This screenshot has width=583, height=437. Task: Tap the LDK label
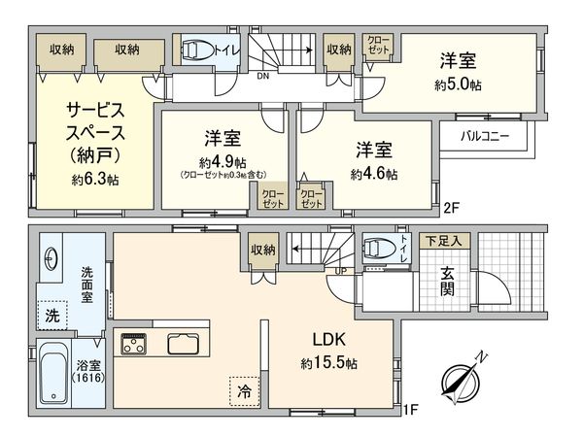328,341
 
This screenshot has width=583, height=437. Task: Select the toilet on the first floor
376,249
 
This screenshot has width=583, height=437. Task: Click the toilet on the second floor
199,49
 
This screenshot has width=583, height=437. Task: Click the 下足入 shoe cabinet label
447,239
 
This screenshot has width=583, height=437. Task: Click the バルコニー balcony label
485,136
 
